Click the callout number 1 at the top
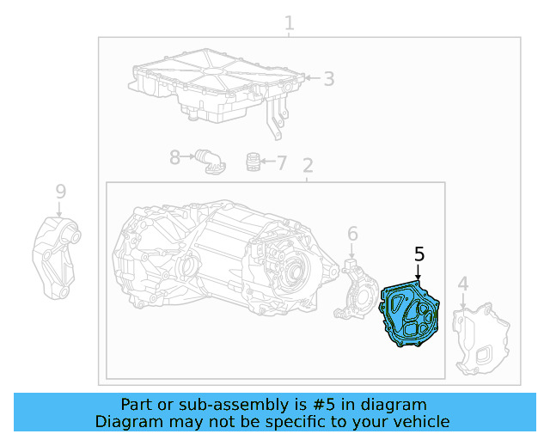(289, 23)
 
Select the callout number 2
(308, 166)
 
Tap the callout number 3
(328, 79)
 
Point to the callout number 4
(463, 284)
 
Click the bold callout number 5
(419, 254)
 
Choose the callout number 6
(352, 234)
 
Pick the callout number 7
(282, 163)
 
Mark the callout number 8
(174, 157)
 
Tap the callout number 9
(61, 192)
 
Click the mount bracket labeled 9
(56, 259)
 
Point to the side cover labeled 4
(480, 339)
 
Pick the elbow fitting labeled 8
(211, 162)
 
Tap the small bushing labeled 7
(253, 162)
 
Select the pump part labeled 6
(355, 291)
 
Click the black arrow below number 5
(418, 272)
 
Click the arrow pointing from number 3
(313, 78)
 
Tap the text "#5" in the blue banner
(323, 405)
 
